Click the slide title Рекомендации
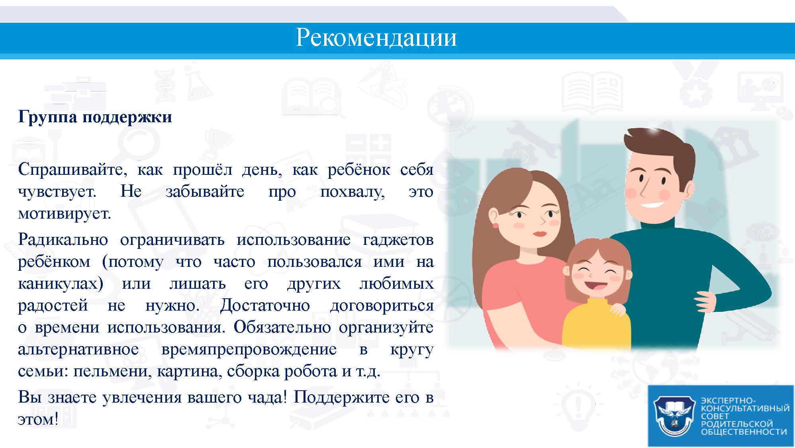tap(376, 38)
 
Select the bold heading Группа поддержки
tap(95, 117)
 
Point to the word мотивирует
tap(65, 214)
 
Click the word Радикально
tap(63, 240)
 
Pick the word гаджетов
tap(398, 241)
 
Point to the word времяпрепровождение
tap(249, 350)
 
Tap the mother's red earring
tap(496, 226)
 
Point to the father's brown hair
tap(657, 149)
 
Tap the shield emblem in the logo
tap(674, 416)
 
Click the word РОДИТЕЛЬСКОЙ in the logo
tap(736, 424)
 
